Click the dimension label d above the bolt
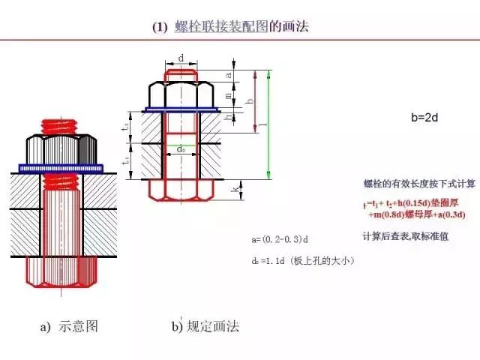click(x=181, y=58)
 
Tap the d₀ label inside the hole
click(x=181, y=150)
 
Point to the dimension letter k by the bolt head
click(x=235, y=190)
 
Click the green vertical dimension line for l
click(x=268, y=124)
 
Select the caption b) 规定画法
click(x=205, y=327)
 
